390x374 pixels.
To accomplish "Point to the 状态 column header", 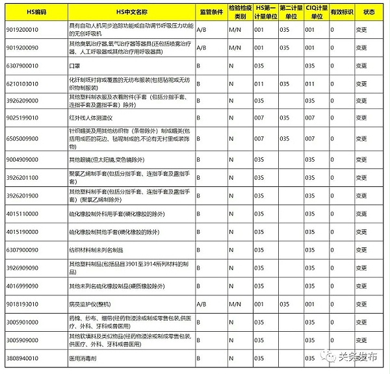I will (x=369, y=12).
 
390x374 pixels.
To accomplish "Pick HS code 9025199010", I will (x=23, y=118).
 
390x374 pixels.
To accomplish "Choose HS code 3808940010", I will (x=23, y=358).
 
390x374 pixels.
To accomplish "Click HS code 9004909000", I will (x=23, y=158).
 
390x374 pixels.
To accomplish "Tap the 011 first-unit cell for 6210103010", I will (x=259, y=84).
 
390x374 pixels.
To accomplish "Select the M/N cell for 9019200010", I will (x=235, y=30).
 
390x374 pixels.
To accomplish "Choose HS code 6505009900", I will (x=23, y=138).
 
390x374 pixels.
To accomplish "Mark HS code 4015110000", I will (x=23, y=213).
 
